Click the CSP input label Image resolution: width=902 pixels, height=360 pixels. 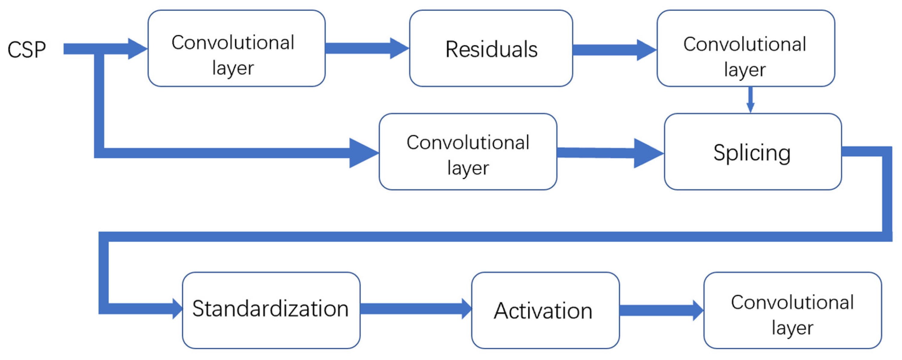pyautogui.click(x=26, y=49)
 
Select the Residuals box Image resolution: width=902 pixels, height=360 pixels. pyautogui.click(x=491, y=49)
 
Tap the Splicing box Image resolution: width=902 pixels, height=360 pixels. pyautogui.click(x=752, y=152)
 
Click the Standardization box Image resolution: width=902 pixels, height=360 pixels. pyautogui.click(x=271, y=310)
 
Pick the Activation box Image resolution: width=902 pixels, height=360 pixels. pyautogui.click(x=545, y=310)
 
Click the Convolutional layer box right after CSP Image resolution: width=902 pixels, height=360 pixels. pyautogui.click(x=236, y=49)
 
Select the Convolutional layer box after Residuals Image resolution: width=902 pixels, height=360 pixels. pyautogui.click(x=746, y=49)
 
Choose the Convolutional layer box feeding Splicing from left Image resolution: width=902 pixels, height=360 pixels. pyautogui.click(x=468, y=152)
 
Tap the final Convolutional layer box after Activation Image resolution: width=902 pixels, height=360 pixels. pyautogui.click(x=792, y=310)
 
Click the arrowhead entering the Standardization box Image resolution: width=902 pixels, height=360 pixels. pyautogui.click(x=177, y=309)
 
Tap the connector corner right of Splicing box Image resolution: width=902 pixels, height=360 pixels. pyautogui.click(x=887, y=152)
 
